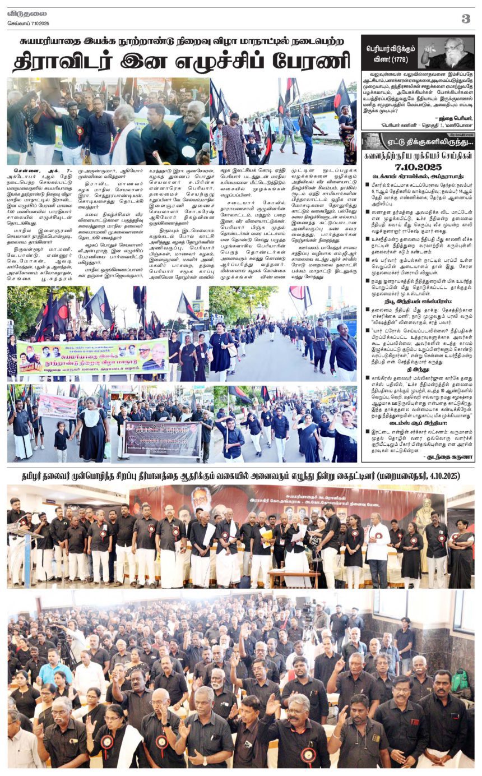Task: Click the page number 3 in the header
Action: click(x=465, y=19)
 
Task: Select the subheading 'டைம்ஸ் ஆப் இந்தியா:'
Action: click(x=418, y=423)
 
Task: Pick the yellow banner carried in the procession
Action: click(x=92, y=357)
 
